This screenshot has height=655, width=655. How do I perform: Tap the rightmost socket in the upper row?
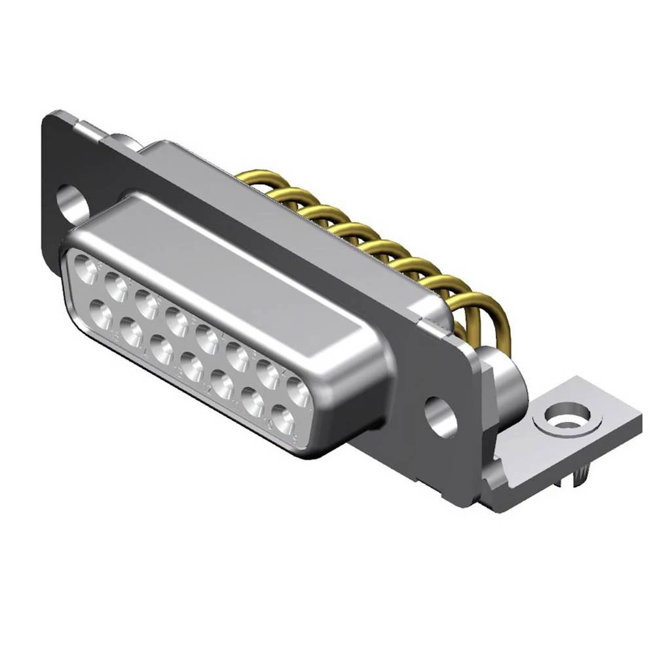pyautogui.click(x=299, y=393)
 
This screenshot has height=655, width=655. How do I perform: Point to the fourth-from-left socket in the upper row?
pyautogui.click(x=177, y=321)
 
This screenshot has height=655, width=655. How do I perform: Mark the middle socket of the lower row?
pyautogui.click(x=192, y=368)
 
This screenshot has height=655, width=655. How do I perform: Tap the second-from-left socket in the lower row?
pyautogui.click(x=131, y=334)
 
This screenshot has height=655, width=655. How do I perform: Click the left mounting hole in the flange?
pyautogui.click(x=71, y=200)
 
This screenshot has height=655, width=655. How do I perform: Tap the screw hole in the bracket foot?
pyautogui.click(x=561, y=417)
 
